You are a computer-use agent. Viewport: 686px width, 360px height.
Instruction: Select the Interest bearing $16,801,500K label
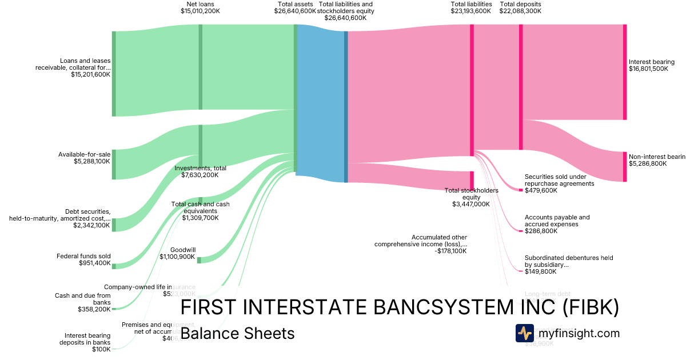pyautogui.click(x=652, y=65)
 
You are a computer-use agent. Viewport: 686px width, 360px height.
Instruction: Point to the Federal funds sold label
pyautogui.click(x=83, y=256)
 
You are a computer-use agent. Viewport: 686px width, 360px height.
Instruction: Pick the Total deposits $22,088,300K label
pyautogui.click(x=520, y=7)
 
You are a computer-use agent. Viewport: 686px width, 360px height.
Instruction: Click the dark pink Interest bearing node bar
pyautogui.click(x=624, y=72)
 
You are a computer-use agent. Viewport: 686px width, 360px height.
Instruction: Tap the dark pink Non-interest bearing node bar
pyautogui.click(x=624, y=166)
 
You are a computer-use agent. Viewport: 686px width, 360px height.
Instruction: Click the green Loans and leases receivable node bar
pyautogui.click(x=114, y=74)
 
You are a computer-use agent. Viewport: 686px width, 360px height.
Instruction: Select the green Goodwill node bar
pyautogui.click(x=199, y=260)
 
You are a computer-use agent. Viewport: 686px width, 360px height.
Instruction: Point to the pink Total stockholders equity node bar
pyautogui.click(x=472, y=179)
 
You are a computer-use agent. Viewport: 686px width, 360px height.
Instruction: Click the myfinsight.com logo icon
pyautogui.click(x=524, y=333)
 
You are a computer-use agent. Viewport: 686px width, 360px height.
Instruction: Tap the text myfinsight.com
pyautogui.click(x=579, y=333)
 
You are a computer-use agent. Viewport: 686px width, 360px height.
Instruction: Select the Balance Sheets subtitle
pyautogui.click(x=237, y=333)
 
